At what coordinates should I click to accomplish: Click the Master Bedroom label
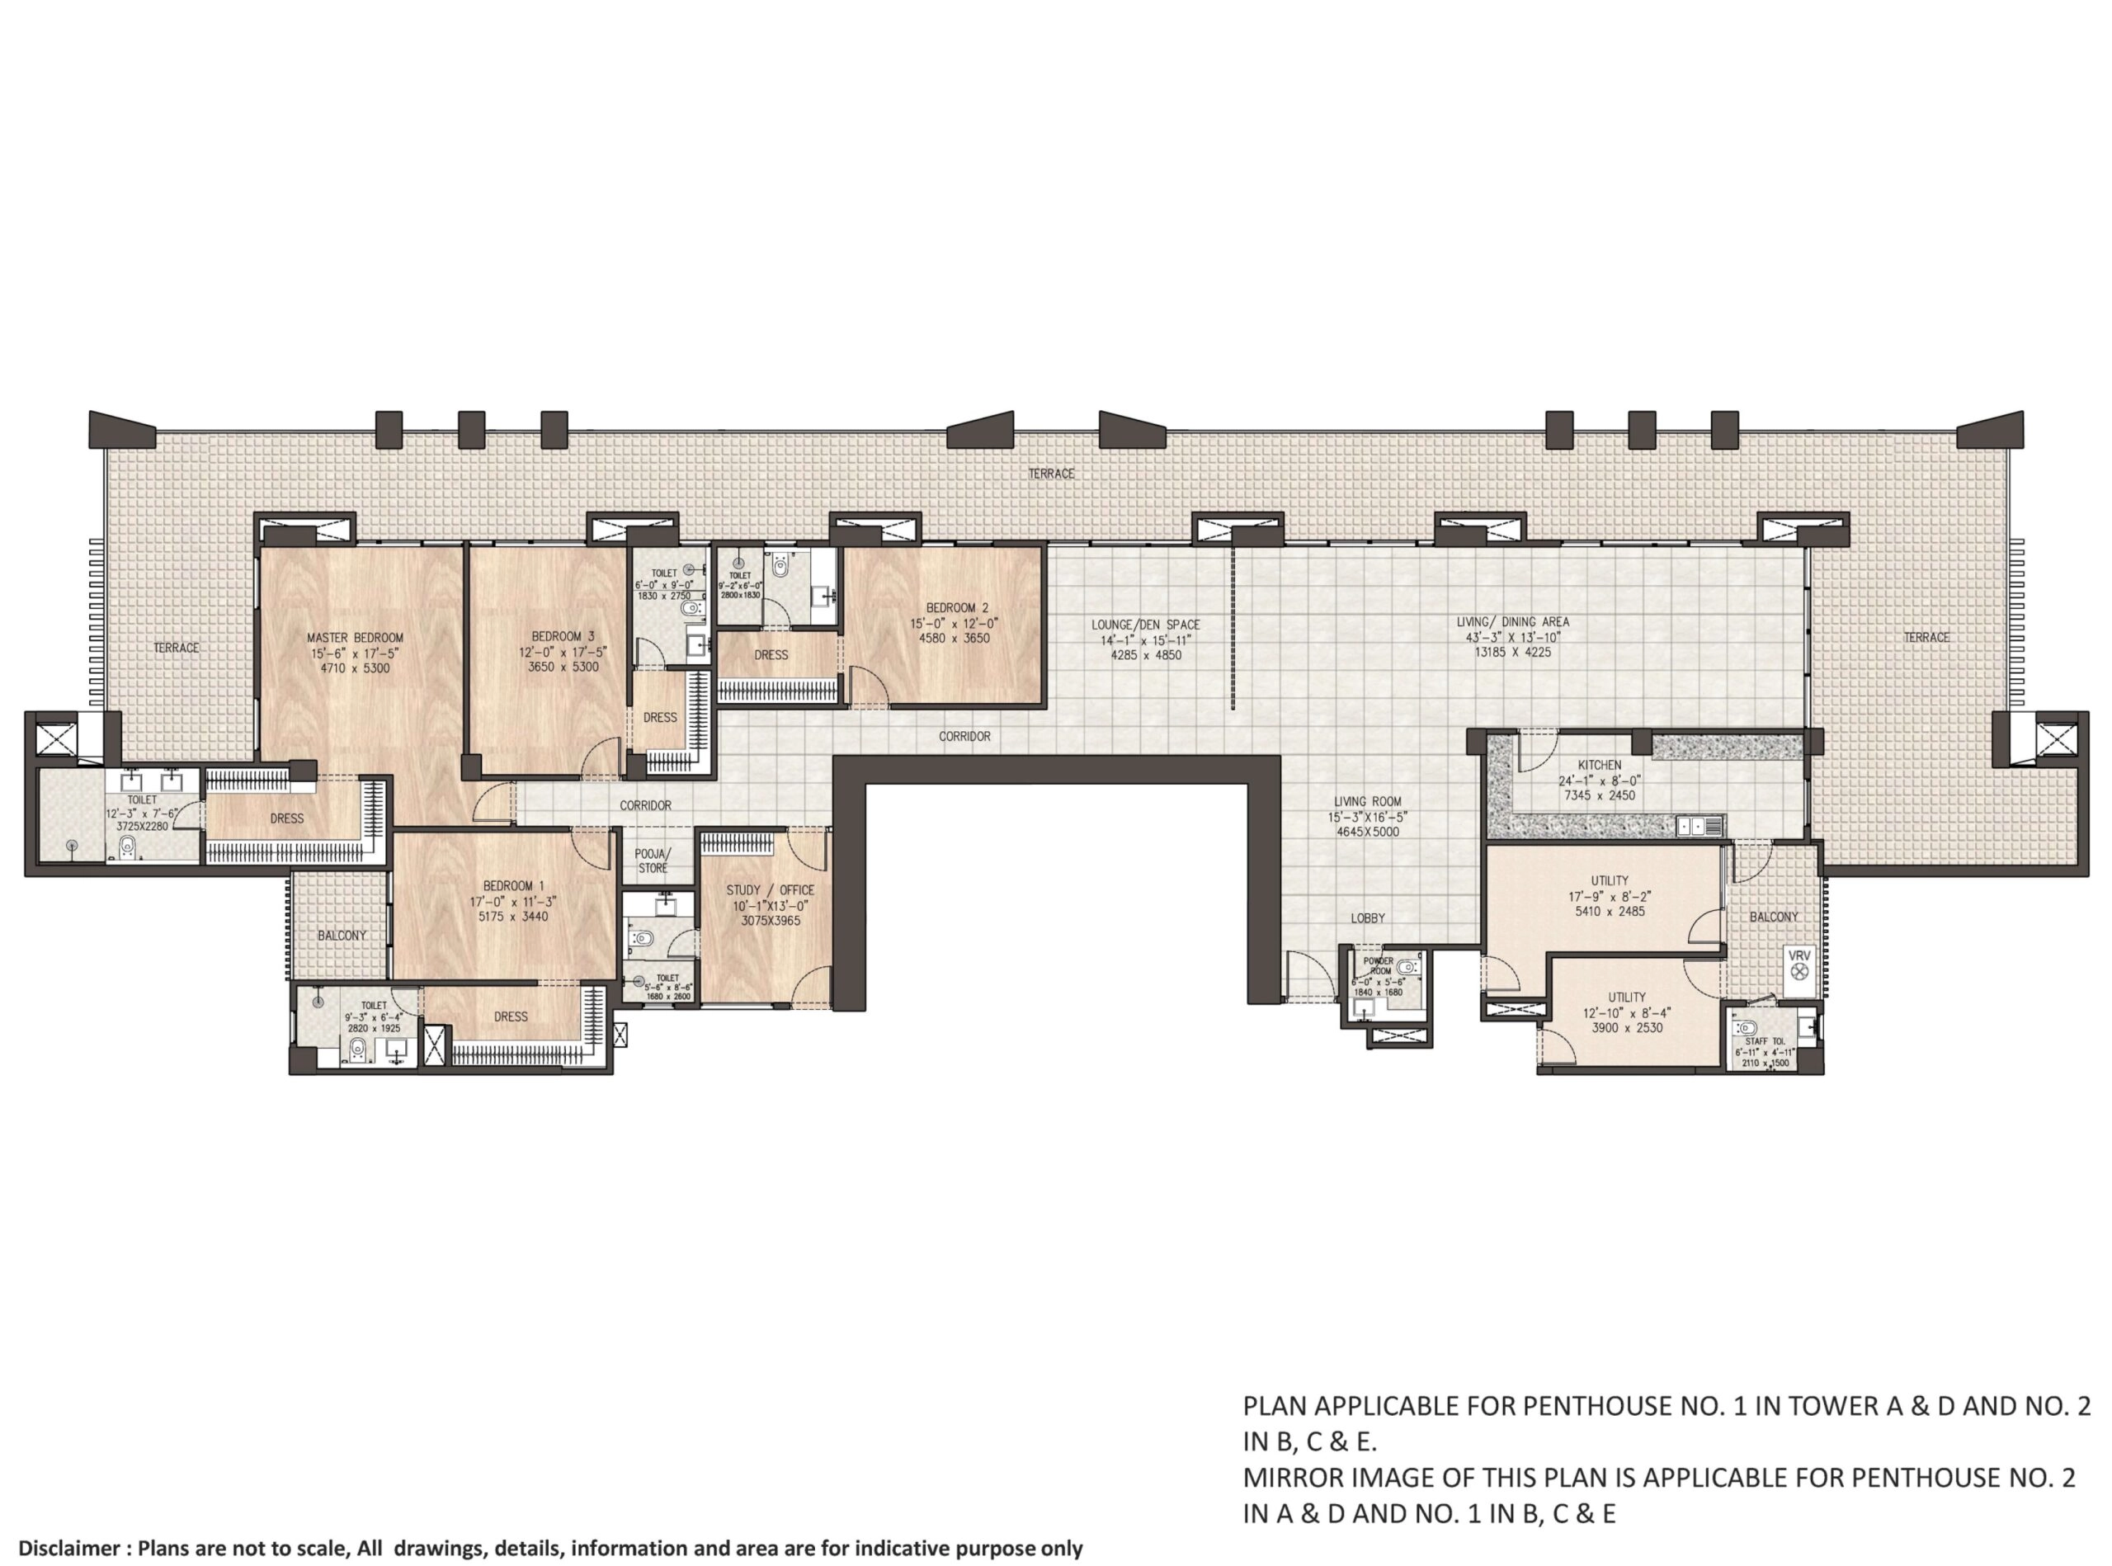tap(355, 638)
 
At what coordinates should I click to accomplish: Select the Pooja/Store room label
tap(651, 861)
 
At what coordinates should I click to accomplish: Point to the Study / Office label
tap(770, 890)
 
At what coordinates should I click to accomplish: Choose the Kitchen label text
tap(1599, 765)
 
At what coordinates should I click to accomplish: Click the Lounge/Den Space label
tap(1145, 625)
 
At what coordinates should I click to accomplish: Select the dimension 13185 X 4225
tap(1512, 652)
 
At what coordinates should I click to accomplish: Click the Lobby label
tap(1367, 917)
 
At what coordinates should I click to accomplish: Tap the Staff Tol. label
tap(1763, 1041)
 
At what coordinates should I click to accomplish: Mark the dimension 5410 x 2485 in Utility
tap(1609, 911)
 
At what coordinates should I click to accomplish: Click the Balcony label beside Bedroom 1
tap(342, 935)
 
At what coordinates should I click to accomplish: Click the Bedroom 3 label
tap(562, 636)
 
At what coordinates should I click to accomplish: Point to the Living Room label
tap(1367, 801)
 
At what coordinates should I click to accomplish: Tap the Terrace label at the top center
tap(1051, 473)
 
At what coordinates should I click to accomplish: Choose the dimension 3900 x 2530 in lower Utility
tap(1626, 1027)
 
